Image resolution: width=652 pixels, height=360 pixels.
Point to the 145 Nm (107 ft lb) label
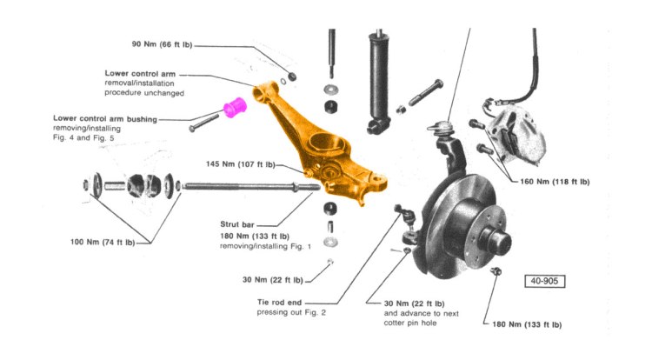pos(241,163)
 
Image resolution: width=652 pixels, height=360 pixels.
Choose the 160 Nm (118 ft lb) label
pos(555,182)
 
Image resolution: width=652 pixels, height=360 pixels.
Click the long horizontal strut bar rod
pos(243,186)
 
